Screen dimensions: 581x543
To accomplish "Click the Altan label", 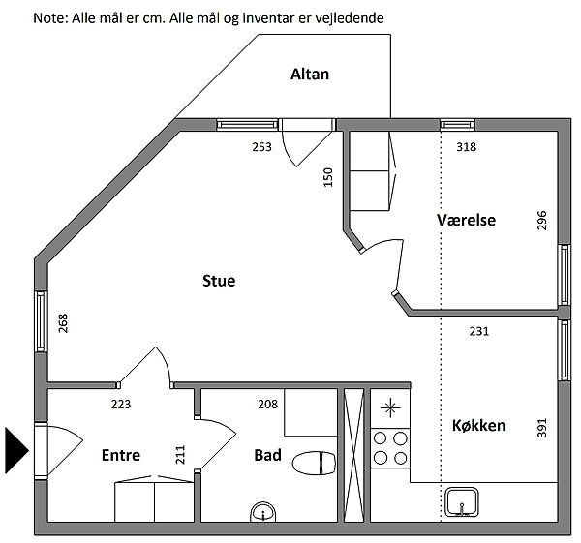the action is pos(310,75).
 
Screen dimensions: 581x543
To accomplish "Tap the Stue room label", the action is pos(219,281).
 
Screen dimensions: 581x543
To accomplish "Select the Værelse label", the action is pos(466,220).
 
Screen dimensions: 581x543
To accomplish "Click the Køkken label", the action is pos(478,425).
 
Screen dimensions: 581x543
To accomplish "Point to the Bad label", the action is pos(267,455).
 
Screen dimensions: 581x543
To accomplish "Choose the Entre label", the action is pos(121,455).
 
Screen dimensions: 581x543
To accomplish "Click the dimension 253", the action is pos(262,147).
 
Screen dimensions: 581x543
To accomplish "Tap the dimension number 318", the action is pos(466,147).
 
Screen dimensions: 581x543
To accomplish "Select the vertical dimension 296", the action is pos(541,221).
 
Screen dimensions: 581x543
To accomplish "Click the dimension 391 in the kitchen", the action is pos(541,428).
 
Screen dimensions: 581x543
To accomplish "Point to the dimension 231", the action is pos(479,331).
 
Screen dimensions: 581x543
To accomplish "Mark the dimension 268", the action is pos(63,323).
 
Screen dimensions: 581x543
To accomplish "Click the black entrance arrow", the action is pos(16,450).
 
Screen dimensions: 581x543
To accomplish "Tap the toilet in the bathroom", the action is pos(314,463).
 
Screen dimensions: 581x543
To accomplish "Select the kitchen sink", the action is pos(461,502).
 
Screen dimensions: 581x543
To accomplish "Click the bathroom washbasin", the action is pos(263,512).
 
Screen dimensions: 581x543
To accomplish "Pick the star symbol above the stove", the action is pos(390,408).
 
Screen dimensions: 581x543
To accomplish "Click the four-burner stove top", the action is pos(390,448).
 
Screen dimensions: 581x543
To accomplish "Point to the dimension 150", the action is pos(328,177).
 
